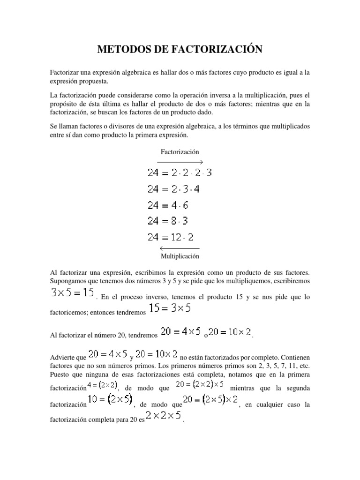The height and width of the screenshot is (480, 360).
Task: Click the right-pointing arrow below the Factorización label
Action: (180, 162)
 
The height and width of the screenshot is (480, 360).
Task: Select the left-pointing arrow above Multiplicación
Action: (180, 248)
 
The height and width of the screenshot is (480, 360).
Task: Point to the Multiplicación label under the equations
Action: (180, 256)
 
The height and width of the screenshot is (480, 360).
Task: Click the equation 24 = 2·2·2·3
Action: (180, 172)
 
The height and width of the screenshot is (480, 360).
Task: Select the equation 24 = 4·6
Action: (168, 205)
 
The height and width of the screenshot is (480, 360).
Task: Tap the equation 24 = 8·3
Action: (168, 221)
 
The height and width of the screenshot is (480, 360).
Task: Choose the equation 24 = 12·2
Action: (171, 238)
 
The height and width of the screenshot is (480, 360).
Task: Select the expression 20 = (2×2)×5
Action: (202, 385)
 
